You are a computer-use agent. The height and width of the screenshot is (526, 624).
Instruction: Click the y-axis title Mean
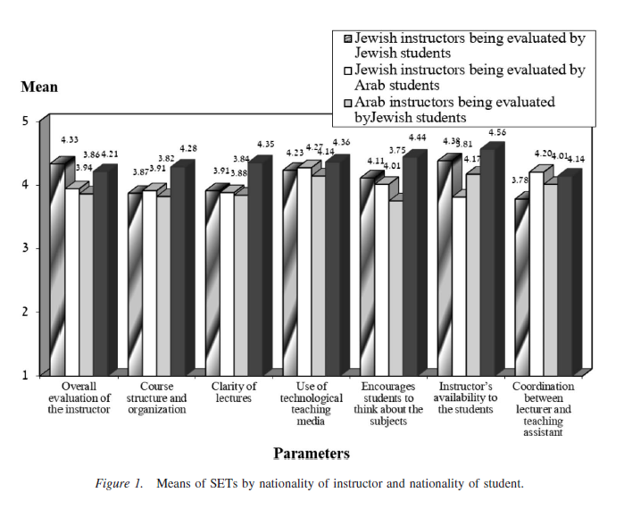(38, 87)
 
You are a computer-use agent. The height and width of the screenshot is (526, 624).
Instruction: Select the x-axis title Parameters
(312, 454)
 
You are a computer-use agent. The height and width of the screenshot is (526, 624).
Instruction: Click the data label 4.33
(70, 140)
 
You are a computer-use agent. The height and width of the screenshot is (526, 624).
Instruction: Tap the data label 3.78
(520, 180)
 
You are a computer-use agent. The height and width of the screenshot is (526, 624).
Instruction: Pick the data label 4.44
(418, 138)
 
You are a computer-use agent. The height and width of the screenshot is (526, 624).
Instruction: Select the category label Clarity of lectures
(234, 392)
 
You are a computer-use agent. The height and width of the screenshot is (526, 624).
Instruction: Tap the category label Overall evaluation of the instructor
(79, 397)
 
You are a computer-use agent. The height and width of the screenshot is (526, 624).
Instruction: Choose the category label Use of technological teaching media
(312, 404)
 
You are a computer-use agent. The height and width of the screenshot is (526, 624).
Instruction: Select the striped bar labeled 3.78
(520, 286)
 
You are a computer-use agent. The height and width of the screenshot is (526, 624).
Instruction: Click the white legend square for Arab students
(348, 70)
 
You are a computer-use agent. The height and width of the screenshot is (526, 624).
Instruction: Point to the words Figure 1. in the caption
(119, 484)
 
